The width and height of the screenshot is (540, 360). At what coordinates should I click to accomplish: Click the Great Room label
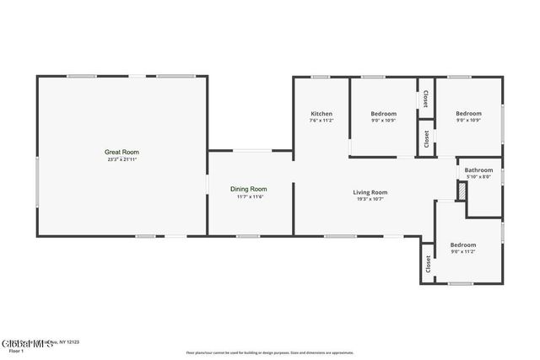(121, 152)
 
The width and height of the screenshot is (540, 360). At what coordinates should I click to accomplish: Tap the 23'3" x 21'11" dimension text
(121, 159)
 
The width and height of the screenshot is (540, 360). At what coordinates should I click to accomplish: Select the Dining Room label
(249, 189)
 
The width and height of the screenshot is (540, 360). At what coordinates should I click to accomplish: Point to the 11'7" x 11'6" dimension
(249, 197)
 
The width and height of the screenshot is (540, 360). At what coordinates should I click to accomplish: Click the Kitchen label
(321, 114)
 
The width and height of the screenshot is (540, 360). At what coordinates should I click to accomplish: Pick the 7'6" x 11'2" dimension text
(321, 121)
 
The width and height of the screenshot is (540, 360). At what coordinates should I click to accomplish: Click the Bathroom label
(478, 169)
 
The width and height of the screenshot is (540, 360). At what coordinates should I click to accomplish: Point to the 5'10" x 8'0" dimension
(478, 176)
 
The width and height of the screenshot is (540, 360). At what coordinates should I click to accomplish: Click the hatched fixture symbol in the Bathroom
(461, 191)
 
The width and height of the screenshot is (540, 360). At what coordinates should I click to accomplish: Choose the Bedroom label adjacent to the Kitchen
(384, 114)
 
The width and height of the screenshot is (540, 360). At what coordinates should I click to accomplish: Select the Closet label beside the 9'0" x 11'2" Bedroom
(428, 263)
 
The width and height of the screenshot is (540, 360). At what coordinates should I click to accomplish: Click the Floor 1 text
(15, 350)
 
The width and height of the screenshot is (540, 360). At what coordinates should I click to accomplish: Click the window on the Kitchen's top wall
(321, 78)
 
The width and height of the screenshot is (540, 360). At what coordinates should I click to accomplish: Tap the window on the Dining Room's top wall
(251, 151)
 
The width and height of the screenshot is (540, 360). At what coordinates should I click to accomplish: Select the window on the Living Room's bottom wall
(340, 236)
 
